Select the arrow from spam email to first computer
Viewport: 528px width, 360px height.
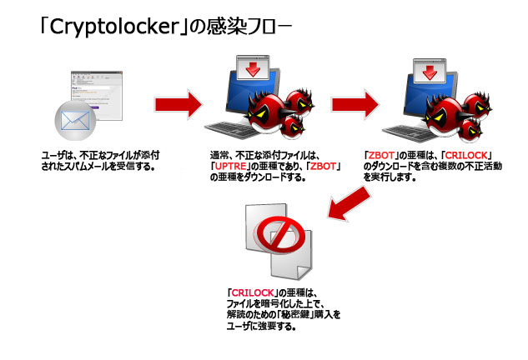(179, 104)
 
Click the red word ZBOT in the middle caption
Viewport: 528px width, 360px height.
(322, 167)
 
